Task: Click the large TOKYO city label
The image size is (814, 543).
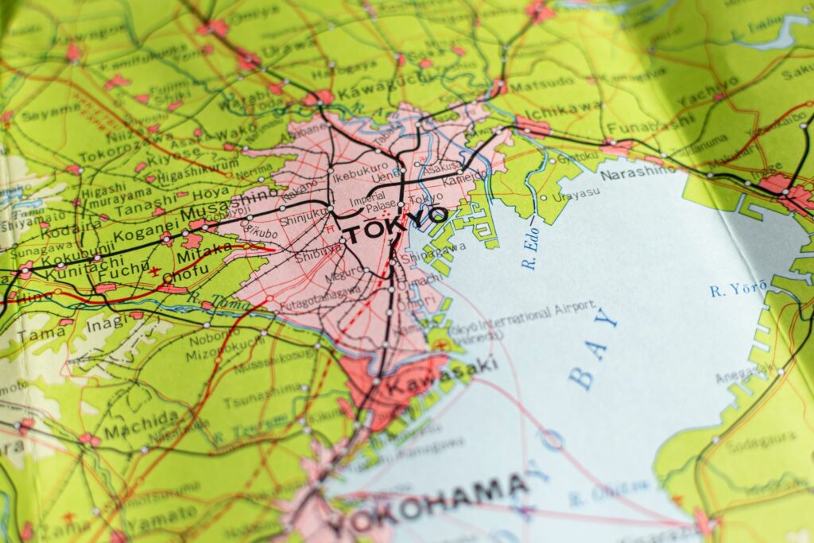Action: point(395,224)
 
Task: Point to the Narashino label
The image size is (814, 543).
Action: point(637,172)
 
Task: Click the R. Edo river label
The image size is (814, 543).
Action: point(531,252)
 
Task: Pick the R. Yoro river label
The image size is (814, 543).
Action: point(739,288)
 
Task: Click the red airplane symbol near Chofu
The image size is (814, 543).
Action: point(154,272)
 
